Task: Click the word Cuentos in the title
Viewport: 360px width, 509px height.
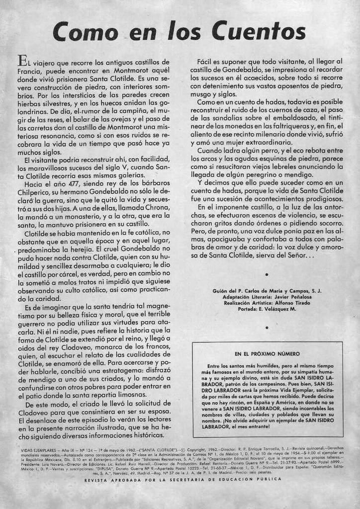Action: click(259, 31)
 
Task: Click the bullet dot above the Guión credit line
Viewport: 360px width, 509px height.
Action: click(267, 274)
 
